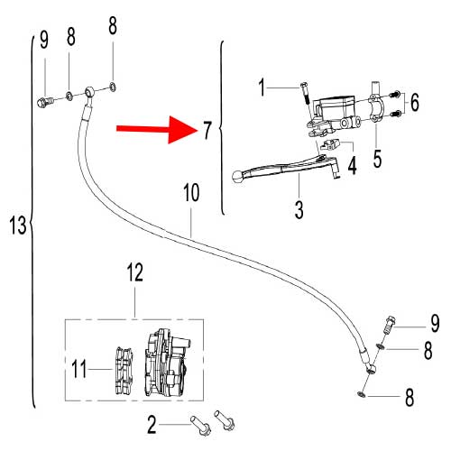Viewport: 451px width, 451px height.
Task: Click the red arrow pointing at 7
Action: coord(157,130)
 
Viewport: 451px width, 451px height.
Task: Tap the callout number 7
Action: coord(207,130)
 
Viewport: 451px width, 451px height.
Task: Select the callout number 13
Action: coord(17,225)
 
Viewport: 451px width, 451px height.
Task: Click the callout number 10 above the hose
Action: coord(191,193)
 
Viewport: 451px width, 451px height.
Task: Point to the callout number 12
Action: coord(134,272)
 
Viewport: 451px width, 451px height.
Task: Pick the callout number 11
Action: coord(79,369)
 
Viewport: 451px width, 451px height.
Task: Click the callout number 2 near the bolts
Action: coord(152,425)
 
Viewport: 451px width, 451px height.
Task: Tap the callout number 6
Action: coord(415,102)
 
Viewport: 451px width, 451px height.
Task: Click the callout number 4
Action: coord(352,165)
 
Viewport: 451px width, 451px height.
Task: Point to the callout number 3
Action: coord(299,209)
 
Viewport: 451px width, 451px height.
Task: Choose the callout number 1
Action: coord(262,87)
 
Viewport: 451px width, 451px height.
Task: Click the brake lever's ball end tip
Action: coord(237,176)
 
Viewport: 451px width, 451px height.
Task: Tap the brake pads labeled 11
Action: coord(124,371)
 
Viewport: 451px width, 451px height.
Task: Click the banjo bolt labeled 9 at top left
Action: coord(46,101)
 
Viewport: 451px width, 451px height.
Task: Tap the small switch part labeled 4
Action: coord(330,144)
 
